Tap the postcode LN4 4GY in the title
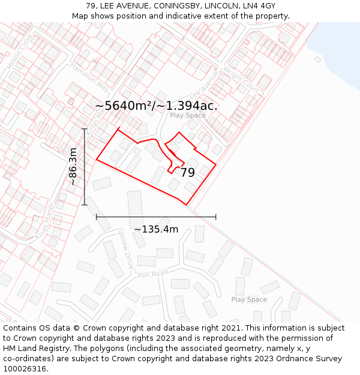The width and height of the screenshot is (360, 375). [x=257, y=6]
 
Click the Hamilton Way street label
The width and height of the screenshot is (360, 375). [x=91, y=77]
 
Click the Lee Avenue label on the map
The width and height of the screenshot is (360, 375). [x=205, y=88]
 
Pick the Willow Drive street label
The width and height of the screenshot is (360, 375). [x=126, y=244]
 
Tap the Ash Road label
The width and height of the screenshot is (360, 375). [x=152, y=274]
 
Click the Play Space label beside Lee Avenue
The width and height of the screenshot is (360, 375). [x=187, y=115]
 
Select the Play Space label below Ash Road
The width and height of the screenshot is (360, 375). [x=249, y=299]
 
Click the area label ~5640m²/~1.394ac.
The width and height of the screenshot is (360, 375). [x=156, y=106]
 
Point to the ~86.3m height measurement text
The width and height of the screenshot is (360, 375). [x=73, y=166]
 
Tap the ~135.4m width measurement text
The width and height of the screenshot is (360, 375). [x=156, y=229]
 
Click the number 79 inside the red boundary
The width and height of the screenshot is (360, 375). [x=187, y=173]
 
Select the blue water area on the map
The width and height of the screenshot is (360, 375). [x=336, y=48]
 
